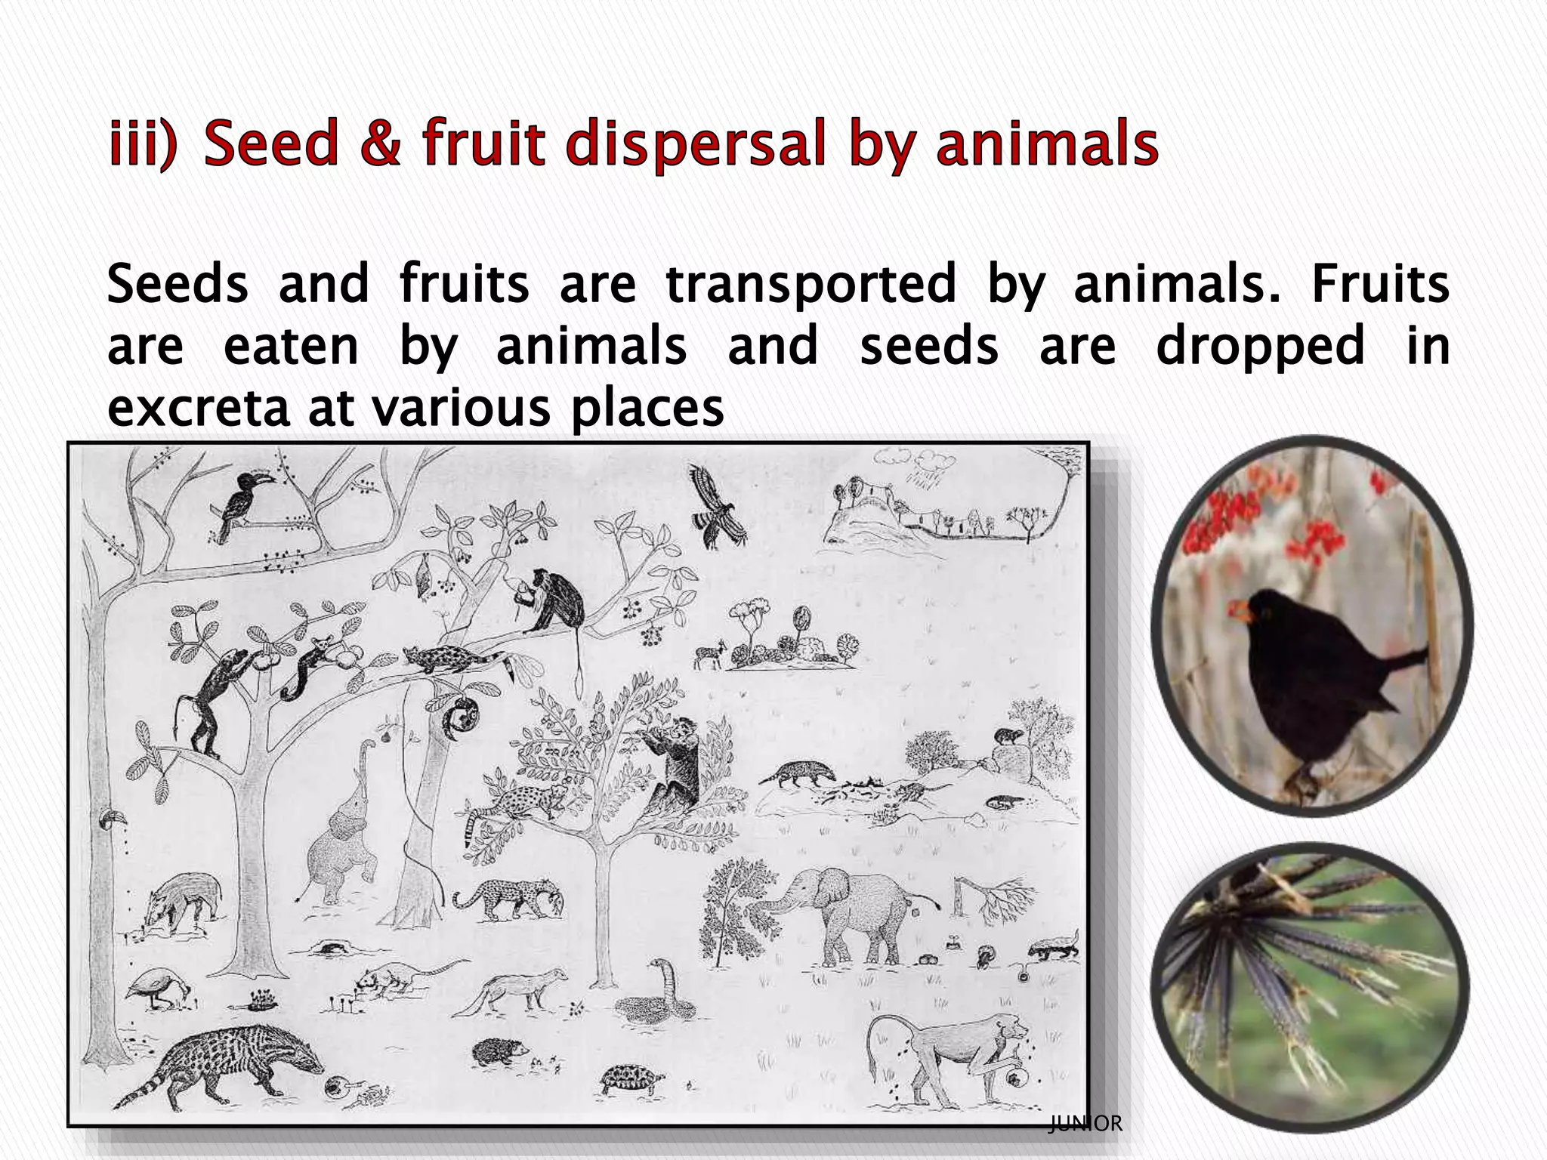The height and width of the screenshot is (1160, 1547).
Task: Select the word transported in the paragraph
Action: (x=811, y=285)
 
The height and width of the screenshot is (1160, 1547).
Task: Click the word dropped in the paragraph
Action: (x=1260, y=347)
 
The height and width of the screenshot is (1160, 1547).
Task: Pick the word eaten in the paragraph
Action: (x=291, y=347)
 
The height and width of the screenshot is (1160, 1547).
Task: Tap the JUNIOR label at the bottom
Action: (x=1085, y=1124)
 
